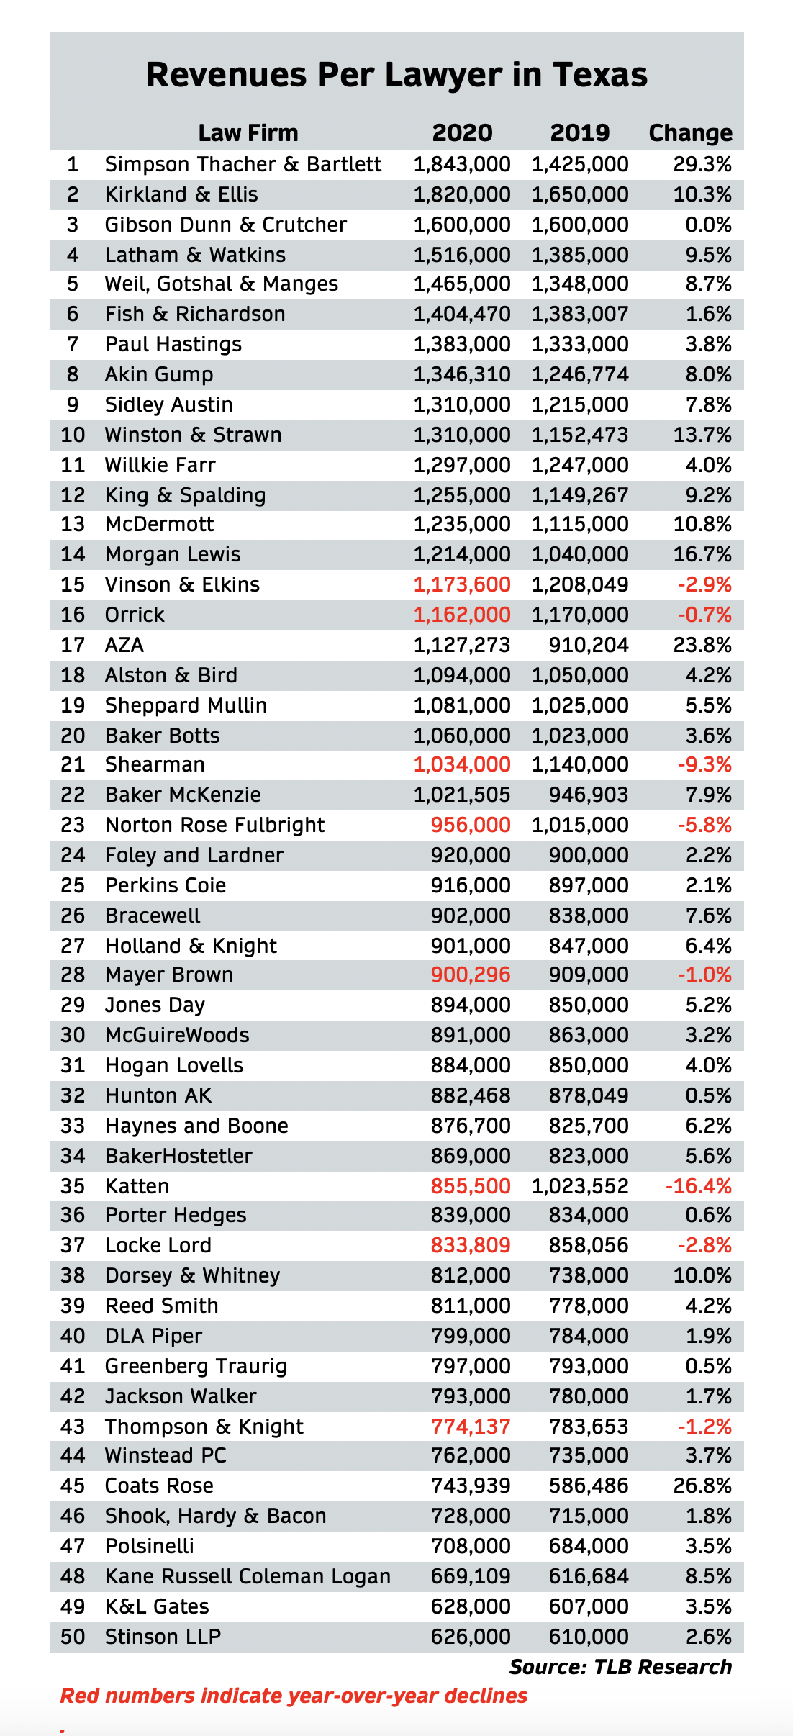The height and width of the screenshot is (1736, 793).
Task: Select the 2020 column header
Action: tap(462, 133)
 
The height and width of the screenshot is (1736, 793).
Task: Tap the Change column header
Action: tap(690, 133)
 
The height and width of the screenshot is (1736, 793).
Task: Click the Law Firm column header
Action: tap(248, 133)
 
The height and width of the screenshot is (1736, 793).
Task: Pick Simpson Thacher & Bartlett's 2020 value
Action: tap(462, 165)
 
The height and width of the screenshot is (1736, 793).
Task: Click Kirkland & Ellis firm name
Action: tap(181, 195)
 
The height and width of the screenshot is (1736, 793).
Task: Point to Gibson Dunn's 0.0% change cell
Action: tap(708, 225)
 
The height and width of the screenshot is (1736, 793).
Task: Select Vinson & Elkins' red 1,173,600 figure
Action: tap(462, 585)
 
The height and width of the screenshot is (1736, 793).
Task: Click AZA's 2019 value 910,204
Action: tap(588, 646)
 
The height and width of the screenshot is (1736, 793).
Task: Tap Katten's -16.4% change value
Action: tap(698, 1186)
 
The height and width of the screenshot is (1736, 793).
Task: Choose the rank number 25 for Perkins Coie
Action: tap(73, 886)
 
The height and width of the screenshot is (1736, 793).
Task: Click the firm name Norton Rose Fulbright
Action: tap(214, 826)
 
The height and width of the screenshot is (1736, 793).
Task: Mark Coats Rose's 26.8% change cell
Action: tap(702, 1486)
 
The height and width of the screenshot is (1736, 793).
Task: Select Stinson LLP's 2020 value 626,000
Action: tap(471, 1637)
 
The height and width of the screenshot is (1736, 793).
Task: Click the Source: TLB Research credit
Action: tap(620, 1667)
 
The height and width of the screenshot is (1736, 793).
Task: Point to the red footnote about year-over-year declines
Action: tap(294, 1696)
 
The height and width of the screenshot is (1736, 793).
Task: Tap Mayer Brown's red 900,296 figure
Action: tap(471, 975)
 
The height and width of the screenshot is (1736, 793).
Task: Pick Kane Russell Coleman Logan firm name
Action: tap(248, 1577)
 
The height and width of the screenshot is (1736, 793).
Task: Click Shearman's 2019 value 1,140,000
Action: tap(580, 765)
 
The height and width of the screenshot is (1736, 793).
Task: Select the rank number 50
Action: tap(73, 1637)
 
